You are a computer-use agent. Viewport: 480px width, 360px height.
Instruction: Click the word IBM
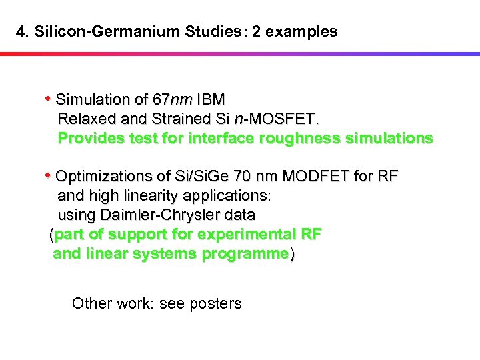pyautogui.click(x=211, y=100)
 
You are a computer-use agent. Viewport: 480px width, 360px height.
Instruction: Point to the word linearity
pyautogui.click(x=153, y=196)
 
